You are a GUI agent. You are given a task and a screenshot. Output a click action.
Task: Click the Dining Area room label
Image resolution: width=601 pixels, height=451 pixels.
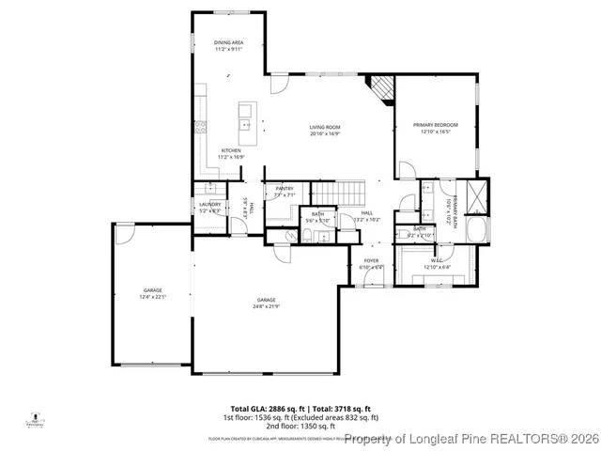coord(228,42)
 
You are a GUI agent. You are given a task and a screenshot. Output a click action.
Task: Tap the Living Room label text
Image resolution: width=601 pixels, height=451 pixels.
coord(325,128)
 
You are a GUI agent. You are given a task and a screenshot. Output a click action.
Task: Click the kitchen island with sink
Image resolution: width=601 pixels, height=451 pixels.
coord(246,117)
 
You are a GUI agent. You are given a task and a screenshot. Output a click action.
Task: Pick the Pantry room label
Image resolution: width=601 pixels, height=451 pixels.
coord(284,189)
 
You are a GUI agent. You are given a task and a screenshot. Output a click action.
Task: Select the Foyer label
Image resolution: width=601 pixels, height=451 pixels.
coord(372,261)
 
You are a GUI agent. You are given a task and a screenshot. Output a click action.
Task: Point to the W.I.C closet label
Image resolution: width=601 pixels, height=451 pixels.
coord(437,261)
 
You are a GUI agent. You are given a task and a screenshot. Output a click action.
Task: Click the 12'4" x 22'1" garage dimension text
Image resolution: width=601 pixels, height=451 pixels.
coord(152,297)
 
